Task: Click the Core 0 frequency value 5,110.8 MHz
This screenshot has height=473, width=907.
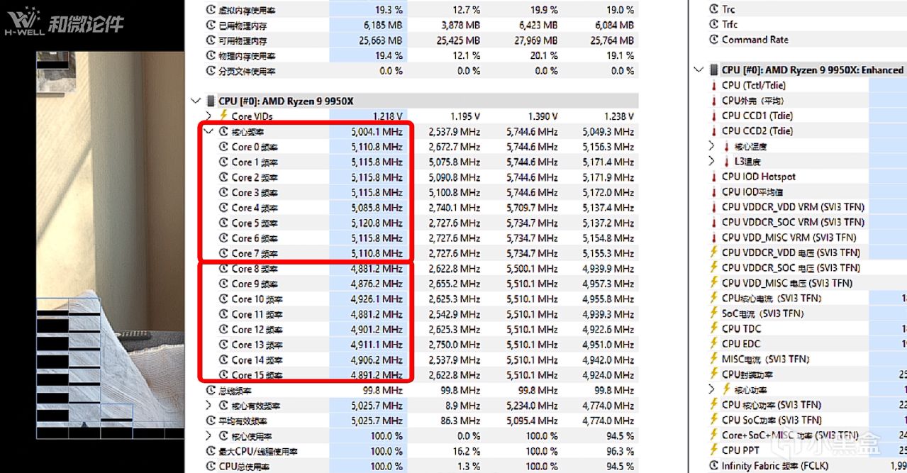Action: (376, 147)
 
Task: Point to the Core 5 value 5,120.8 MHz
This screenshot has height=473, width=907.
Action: (376, 223)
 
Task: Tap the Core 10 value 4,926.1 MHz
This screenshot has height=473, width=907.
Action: (376, 299)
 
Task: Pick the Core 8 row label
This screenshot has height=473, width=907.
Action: (255, 269)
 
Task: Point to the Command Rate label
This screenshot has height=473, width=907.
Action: (755, 40)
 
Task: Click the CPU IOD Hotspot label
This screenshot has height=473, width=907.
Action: (759, 177)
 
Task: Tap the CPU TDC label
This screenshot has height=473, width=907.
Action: (741, 328)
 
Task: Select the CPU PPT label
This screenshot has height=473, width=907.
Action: (740, 450)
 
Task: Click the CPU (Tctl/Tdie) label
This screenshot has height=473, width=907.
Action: (754, 85)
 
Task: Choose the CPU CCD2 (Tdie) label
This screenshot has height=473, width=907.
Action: (757, 130)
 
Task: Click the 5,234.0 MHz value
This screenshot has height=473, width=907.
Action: (532, 406)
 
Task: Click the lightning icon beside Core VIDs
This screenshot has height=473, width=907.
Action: (223, 116)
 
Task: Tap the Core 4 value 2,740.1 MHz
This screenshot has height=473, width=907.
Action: (454, 208)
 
